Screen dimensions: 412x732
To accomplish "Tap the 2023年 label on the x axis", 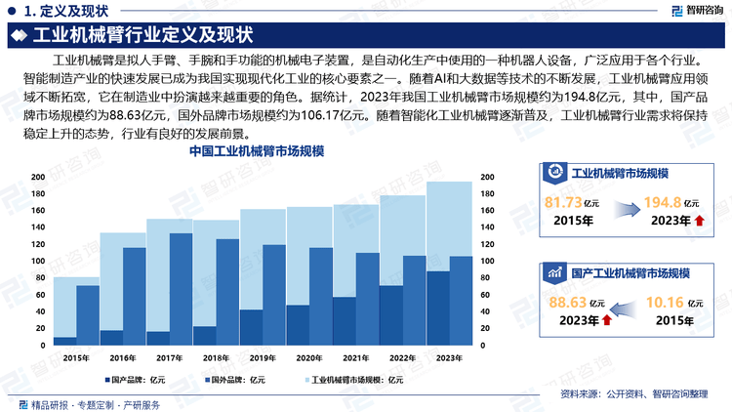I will tap(449, 357).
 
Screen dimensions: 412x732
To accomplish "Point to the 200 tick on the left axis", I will tap(38, 178).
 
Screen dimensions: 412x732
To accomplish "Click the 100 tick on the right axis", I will tap(487, 262).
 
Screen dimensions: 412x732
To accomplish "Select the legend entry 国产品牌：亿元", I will tap(140, 379).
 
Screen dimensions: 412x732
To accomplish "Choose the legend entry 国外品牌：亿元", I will tap(238, 379).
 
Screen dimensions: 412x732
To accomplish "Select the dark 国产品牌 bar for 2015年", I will tap(64, 341).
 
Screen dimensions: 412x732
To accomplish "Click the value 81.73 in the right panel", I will tap(564, 203).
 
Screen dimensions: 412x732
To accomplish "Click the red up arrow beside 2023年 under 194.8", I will tap(699, 222).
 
